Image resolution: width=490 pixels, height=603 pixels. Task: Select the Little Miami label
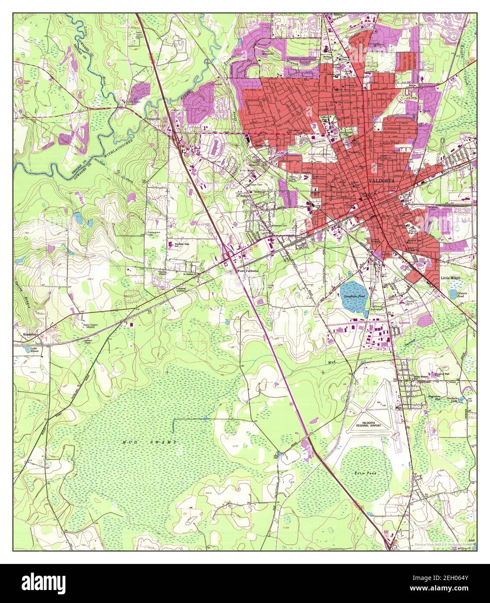tap(450, 277)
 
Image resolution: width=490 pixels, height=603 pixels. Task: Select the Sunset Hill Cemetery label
tap(308, 153)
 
